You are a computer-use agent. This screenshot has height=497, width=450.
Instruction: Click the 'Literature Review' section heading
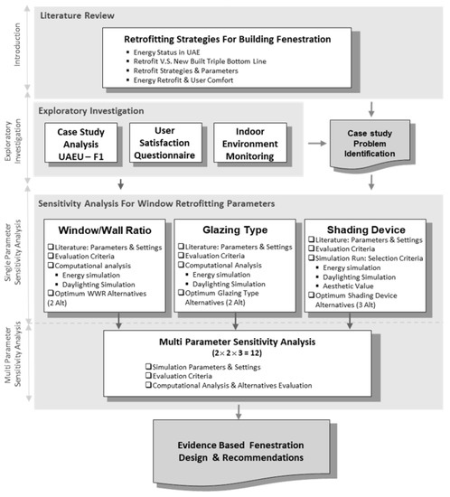click(x=80, y=15)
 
